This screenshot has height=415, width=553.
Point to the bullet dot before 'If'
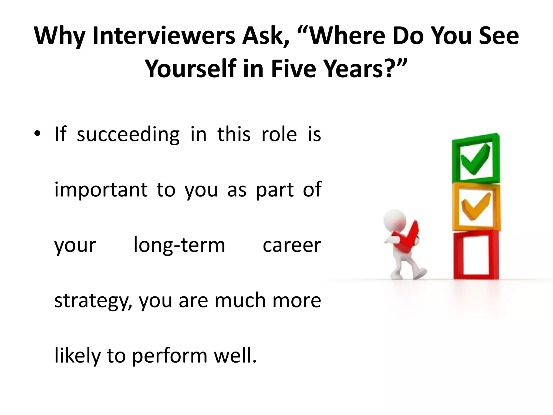[x=37, y=134]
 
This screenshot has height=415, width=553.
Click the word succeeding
[x=128, y=134]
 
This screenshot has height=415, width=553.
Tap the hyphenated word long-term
[x=179, y=245]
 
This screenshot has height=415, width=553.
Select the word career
[x=292, y=245]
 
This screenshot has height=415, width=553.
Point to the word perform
[x=170, y=356]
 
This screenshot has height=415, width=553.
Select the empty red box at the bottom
[x=476, y=255]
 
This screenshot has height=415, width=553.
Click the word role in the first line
[x=279, y=134]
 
